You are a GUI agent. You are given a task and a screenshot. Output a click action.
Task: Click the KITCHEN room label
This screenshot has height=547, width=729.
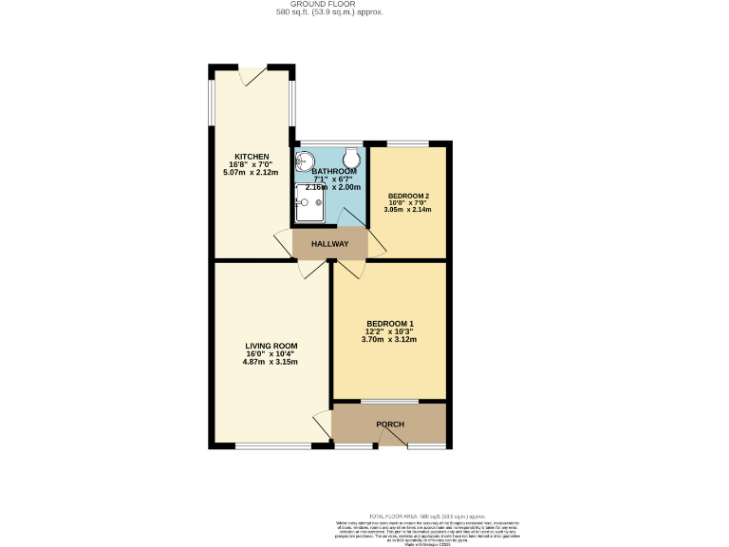[x=252, y=156]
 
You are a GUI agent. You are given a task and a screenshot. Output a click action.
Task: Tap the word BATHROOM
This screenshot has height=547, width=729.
[x=327, y=171]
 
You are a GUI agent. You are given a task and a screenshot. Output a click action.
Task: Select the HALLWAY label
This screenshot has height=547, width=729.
[x=328, y=244]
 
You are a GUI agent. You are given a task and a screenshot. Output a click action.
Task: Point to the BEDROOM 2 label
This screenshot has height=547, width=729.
[x=408, y=196]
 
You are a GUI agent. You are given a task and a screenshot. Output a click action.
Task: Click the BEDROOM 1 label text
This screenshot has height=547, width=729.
[x=389, y=323]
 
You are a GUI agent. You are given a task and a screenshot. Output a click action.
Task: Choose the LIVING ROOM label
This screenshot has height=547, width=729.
[x=271, y=345]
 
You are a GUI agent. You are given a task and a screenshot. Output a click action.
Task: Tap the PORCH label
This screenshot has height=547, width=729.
[x=390, y=424]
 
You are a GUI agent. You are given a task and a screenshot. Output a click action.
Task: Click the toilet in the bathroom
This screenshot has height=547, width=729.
[x=352, y=157]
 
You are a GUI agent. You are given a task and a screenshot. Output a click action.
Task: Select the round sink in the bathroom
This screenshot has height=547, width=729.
[x=308, y=160]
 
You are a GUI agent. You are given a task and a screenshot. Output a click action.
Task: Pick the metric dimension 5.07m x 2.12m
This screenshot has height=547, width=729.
[x=252, y=172]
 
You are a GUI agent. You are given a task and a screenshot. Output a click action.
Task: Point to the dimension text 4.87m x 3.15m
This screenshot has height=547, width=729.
[x=271, y=362]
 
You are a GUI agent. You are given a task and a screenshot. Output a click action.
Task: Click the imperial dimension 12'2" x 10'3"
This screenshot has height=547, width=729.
[x=389, y=331]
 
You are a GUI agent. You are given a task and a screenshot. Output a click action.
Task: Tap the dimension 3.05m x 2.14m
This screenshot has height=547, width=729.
[x=408, y=210]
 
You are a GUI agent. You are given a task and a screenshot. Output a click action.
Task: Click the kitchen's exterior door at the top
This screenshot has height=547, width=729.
[x=253, y=72]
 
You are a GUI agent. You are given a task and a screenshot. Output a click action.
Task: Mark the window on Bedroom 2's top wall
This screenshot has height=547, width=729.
[x=407, y=143]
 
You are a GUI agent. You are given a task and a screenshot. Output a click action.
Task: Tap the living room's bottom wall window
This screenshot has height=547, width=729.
[x=263, y=445]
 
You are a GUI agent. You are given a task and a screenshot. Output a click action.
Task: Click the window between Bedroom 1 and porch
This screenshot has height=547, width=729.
[x=389, y=401]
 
